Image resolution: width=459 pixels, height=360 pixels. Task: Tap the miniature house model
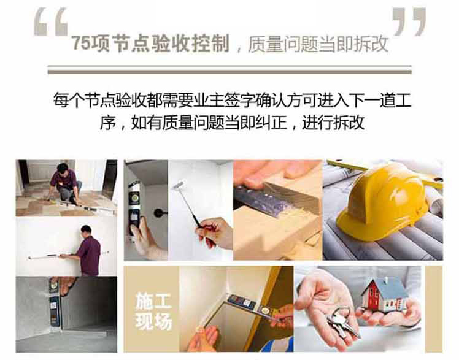384,296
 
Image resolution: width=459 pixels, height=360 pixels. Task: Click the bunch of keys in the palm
342,322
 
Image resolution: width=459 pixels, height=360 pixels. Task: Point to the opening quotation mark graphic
51,22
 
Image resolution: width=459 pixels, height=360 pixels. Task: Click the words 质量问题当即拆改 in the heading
318,44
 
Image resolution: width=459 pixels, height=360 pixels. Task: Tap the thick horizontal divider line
229,72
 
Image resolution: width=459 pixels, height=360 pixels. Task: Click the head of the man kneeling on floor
63,168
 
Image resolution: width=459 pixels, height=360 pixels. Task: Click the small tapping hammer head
179,185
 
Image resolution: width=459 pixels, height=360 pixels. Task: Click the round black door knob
159,213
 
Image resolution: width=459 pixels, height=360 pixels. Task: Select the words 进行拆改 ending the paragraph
333,122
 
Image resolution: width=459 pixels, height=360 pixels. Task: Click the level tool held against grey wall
55,303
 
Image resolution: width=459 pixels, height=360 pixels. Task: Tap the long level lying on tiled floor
83,205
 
